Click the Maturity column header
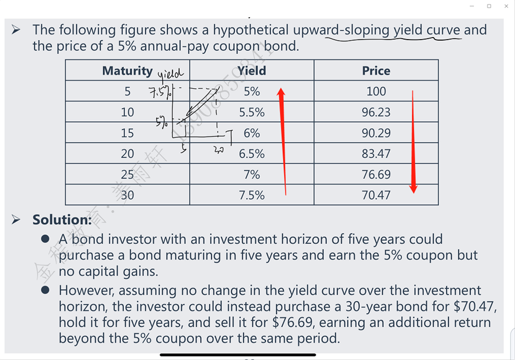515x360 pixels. coord(127,70)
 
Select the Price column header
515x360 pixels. coord(376,70)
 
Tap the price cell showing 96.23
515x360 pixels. coord(376,112)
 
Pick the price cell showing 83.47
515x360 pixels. coord(376,154)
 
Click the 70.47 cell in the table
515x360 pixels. coord(376,195)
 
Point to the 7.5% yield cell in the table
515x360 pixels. coord(252,195)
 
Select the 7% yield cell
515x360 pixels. coord(252,174)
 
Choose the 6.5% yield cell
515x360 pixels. coord(252,154)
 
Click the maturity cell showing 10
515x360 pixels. coord(127,112)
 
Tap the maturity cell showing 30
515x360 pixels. coord(127,195)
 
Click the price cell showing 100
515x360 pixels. coord(376,91)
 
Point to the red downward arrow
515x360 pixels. coord(414,142)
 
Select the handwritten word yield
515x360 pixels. coord(171,75)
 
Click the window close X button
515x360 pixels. coord(506,6)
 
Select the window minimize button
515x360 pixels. coord(472,6)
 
